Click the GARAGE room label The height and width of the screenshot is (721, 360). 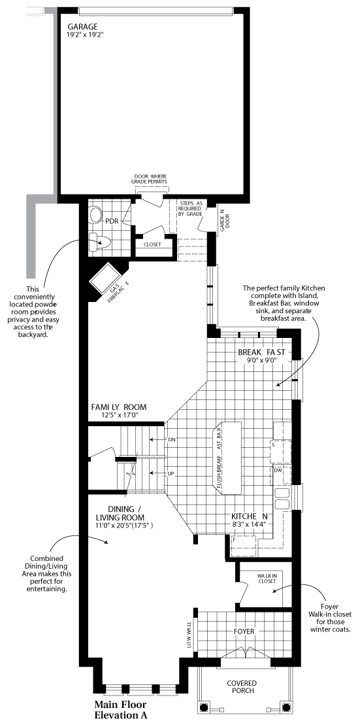pos(82,27)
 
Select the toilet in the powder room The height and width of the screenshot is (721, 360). pos(99,241)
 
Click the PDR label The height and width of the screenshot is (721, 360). pos(112,220)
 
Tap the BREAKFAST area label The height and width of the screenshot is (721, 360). pos(261,352)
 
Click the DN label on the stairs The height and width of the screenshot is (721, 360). pos(172,439)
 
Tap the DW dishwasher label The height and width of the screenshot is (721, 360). pos(278,470)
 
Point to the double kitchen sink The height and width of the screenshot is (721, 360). pos(283,498)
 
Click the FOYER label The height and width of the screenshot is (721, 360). pos(244,631)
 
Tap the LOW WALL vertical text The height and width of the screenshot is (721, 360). pos(190,635)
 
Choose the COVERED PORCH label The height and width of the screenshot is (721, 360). pos(241,686)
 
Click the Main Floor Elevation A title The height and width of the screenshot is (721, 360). pos(120,710)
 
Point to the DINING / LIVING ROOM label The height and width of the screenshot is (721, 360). pos(124,514)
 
